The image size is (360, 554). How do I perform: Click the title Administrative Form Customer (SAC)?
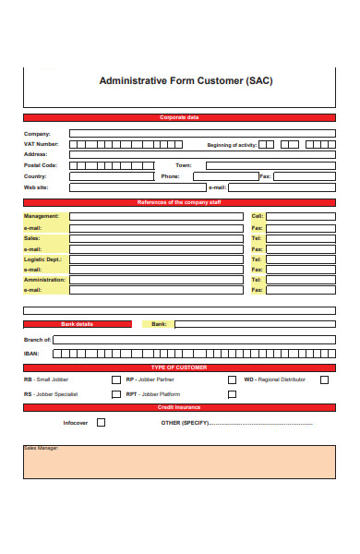coord(186,80)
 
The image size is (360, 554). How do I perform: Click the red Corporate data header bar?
coord(179,118)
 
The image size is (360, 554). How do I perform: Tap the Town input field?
coord(270,165)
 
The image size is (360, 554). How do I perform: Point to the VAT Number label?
coord(41,144)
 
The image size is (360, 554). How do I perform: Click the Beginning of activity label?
coord(232,144)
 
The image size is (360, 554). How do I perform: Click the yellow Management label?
coord(42,216)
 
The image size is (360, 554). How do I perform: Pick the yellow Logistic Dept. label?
coord(43,260)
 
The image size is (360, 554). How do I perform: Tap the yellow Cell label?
coord(258,216)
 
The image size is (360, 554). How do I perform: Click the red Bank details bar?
coord(78,324)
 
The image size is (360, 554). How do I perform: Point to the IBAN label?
coord(32,353)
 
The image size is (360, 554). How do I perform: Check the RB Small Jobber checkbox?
coord(115,379)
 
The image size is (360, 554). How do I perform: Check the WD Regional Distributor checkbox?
coord(324,379)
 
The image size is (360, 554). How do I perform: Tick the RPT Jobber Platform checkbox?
coord(232,394)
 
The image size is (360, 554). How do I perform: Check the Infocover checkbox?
coord(101,422)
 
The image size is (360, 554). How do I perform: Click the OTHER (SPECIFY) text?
coord(185,423)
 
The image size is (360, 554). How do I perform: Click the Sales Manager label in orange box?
coord(41,449)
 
